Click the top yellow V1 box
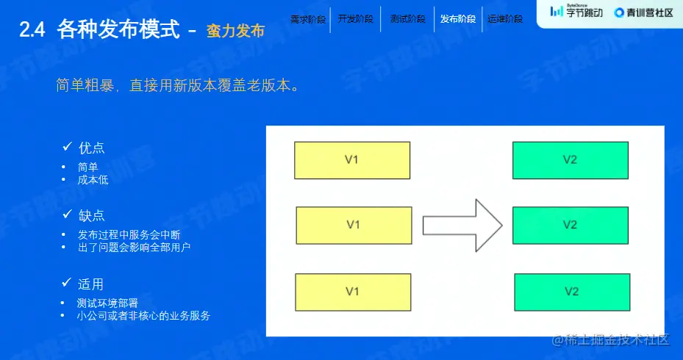(352, 160)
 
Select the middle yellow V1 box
(354, 225)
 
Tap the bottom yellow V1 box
(352, 292)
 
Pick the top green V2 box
(570, 160)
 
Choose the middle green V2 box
(570, 225)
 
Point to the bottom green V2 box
(572, 292)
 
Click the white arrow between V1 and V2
(462, 226)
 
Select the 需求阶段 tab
(308, 19)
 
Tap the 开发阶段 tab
(356, 19)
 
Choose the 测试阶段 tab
(407, 19)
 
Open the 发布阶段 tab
(457, 19)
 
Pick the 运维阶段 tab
(505, 19)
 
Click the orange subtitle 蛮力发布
(235, 31)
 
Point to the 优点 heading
(92, 148)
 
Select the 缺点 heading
(92, 215)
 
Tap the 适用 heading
(91, 284)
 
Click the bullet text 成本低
(93, 179)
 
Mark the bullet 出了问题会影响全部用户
(135, 248)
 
